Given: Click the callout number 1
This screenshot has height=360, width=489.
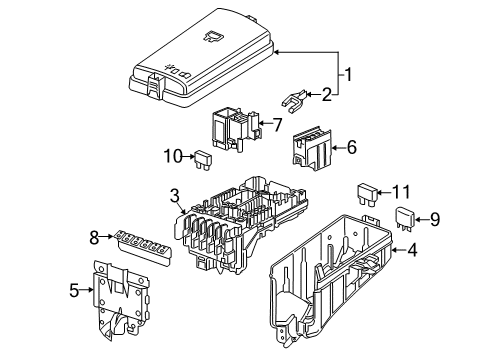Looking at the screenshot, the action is coord(348,74).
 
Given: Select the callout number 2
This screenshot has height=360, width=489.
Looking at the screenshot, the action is coord(327,95).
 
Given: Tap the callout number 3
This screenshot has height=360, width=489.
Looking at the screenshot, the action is coord(175,196).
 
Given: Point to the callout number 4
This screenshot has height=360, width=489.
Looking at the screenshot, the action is coord(412,250).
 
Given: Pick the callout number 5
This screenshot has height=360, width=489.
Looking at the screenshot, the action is coord(74,290).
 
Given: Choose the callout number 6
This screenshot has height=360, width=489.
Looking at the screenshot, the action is coord(352,147).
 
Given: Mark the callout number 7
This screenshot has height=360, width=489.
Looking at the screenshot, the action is coord(277,125).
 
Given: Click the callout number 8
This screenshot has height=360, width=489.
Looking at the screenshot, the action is coord(94,238).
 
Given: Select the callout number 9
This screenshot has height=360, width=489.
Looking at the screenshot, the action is coord(434,220).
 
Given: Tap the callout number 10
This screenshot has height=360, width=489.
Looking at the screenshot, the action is coord(173,156).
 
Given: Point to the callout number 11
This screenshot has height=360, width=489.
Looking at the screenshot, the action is coord(401,192).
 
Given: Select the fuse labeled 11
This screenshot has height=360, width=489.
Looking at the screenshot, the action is coord(367,195).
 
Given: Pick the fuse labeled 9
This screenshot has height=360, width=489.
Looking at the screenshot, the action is coord(406,219).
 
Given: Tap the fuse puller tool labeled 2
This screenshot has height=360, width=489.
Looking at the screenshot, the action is coord(293,101).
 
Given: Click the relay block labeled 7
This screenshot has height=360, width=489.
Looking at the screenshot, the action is coord(236,129).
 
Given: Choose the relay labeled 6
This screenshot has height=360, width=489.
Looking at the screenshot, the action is coord(312,148).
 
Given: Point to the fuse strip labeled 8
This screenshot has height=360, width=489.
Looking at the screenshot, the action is coord(144,246).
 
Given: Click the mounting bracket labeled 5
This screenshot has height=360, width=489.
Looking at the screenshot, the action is coord(121,300).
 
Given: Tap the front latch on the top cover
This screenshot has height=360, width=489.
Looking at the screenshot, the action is coord(156,85).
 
